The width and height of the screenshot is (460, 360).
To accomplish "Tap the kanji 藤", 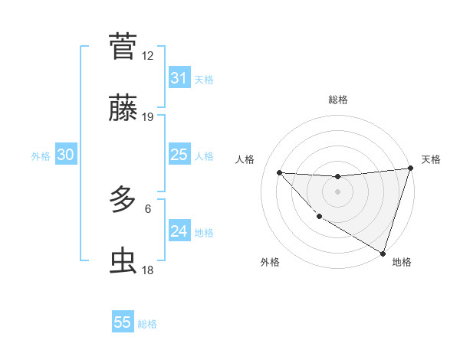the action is click(x=123, y=110).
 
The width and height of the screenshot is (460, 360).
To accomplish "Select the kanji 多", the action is click(x=123, y=200).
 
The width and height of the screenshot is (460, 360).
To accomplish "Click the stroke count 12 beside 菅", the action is click(x=147, y=55).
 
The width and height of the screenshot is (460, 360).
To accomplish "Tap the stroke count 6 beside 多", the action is click(x=148, y=208).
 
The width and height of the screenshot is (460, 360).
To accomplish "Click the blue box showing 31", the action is click(x=179, y=78).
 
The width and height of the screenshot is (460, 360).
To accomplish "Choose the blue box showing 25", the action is click(x=179, y=155).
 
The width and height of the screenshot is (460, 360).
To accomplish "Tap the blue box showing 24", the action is click(x=179, y=231).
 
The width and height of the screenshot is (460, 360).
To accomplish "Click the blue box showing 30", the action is click(x=65, y=155).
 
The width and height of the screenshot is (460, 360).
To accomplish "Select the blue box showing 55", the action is click(x=123, y=322).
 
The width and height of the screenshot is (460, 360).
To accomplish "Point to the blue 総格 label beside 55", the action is click(x=147, y=324).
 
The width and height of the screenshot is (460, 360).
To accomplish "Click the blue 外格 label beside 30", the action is click(x=41, y=156).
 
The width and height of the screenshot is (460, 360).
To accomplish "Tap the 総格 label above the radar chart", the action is click(x=337, y=100).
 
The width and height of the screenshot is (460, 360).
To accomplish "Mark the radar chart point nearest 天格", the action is click(x=410, y=169).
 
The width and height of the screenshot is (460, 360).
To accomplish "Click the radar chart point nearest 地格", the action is click(x=383, y=253).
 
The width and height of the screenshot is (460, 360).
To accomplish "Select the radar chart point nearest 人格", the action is click(x=279, y=172).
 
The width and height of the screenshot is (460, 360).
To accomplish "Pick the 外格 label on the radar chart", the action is click(x=270, y=263).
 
